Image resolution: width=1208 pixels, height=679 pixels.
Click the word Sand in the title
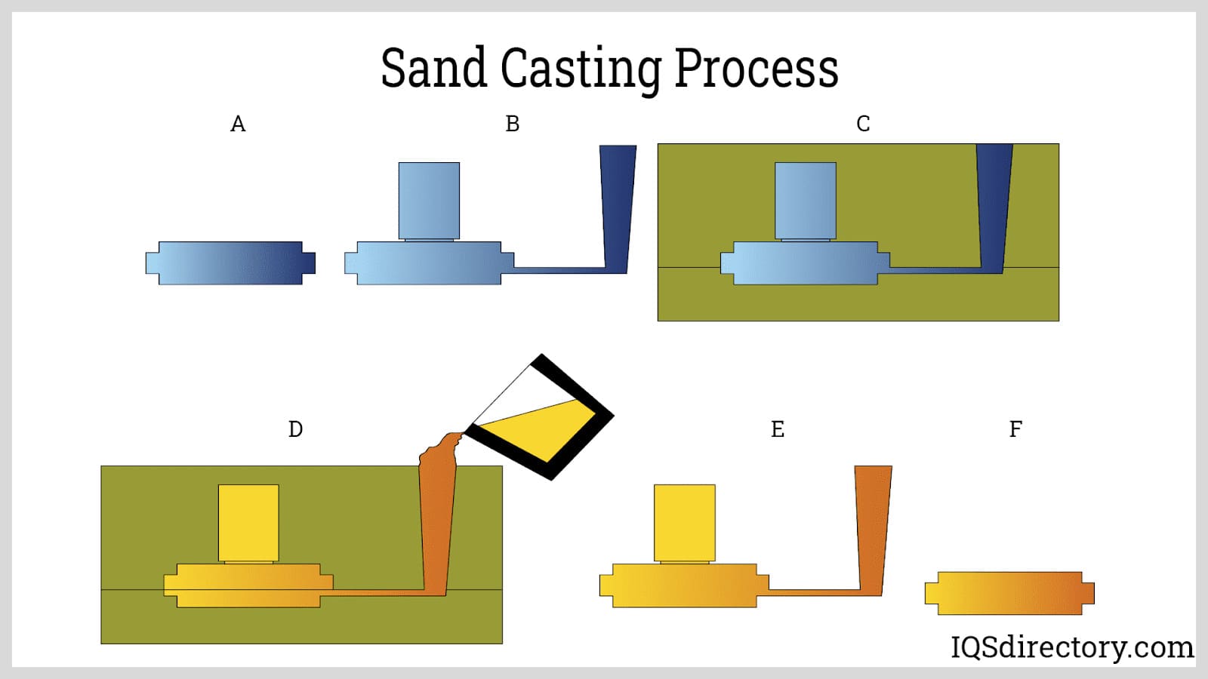coord(433,68)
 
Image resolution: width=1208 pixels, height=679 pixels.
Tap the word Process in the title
coord(756,68)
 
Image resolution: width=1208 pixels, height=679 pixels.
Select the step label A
coord(238,124)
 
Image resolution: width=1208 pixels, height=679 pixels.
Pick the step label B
coord(513,124)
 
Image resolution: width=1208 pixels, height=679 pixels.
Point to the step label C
coord(863,124)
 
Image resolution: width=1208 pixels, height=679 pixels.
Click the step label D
coord(295,429)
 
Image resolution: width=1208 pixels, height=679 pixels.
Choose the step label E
coord(778,429)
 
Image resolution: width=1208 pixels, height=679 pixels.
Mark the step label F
coord(1015,429)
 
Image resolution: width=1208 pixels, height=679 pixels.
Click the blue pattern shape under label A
coord(230,263)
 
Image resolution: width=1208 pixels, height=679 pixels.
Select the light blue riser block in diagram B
coord(429,201)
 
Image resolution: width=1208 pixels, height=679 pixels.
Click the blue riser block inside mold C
coord(806,201)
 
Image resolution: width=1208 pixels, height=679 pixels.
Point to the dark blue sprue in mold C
coord(994,204)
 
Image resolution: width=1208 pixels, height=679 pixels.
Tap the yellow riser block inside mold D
coord(248,523)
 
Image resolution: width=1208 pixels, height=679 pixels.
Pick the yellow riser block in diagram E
coord(684,523)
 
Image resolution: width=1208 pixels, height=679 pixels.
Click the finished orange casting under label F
coord(1009,593)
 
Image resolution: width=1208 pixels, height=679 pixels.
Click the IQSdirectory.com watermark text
coord(1071,647)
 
